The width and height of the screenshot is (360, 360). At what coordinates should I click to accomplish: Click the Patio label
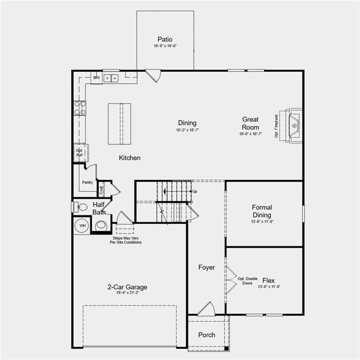(165, 39)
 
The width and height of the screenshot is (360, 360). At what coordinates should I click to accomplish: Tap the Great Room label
(250, 123)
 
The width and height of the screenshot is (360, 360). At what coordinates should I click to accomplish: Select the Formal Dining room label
(262, 211)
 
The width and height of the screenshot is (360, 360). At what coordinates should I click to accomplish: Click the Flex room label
(269, 280)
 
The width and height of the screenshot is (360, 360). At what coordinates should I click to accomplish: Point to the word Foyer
(206, 267)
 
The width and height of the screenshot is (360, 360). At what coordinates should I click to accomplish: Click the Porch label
(206, 335)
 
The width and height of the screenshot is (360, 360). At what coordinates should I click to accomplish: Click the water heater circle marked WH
(82, 225)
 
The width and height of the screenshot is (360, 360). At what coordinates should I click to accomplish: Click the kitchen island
(120, 124)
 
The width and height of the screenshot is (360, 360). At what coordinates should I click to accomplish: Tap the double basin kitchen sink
(111, 78)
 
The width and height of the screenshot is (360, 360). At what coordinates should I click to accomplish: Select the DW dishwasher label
(97, 78)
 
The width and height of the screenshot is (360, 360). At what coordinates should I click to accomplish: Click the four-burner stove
(80, 108)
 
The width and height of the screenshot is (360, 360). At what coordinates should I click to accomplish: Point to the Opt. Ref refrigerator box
(80, 152)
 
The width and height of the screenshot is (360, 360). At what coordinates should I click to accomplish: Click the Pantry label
(87, 182)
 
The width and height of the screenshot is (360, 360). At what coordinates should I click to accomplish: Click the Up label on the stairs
(194, 192)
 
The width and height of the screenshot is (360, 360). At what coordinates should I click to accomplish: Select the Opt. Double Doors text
(247, 281)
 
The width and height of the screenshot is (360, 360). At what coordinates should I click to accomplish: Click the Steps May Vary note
(125, 240)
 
